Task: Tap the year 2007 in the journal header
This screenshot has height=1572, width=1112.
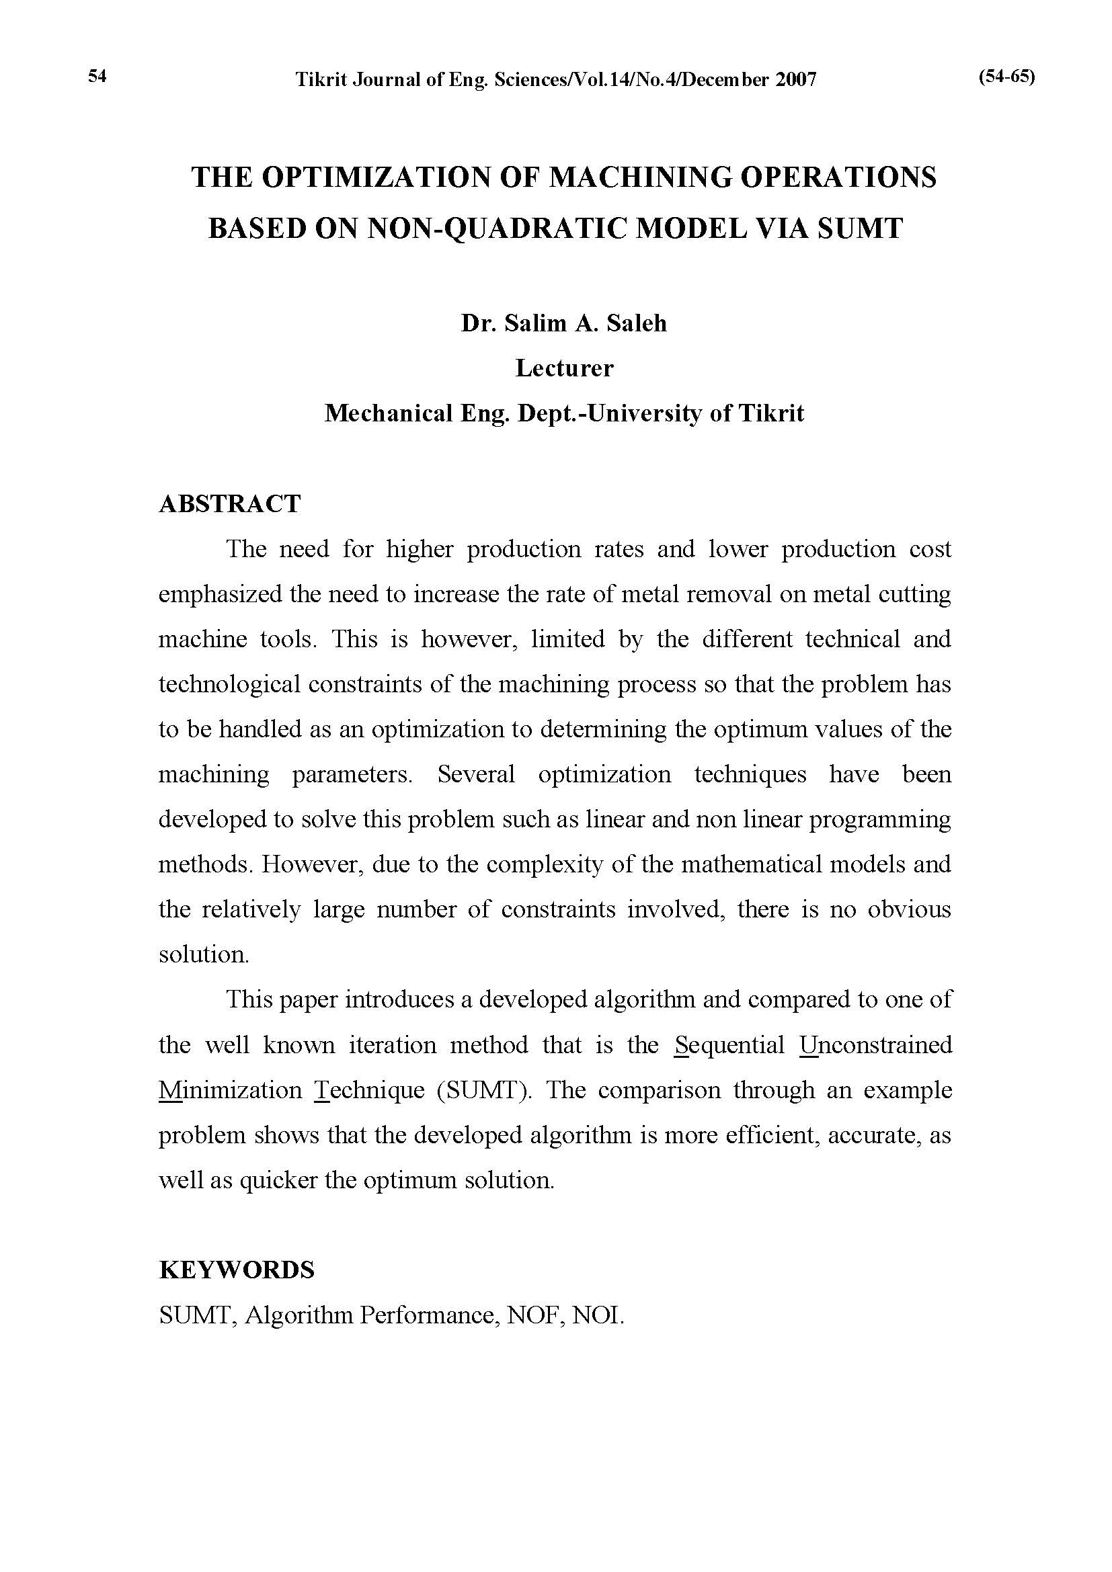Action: click(795, 80)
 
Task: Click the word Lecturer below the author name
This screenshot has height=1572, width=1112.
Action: click(564, 368)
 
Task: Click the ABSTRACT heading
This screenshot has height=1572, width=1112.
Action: click(229, 504)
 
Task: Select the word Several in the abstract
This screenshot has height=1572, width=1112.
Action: click(476, 774)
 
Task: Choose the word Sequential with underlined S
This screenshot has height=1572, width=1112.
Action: click(729, 1045)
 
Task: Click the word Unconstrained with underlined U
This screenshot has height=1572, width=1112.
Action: click(876, 1045)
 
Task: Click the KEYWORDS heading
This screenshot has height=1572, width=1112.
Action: click(237, 1270)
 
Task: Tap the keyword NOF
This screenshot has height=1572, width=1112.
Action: click(530, 1315)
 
